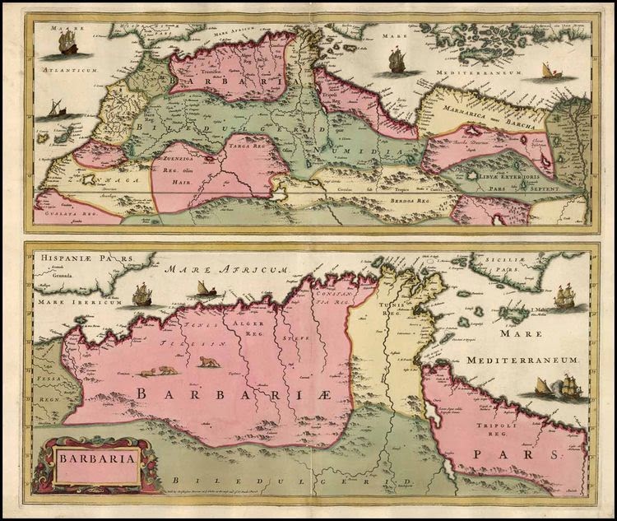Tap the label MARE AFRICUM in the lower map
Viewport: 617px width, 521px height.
tap(225, 270)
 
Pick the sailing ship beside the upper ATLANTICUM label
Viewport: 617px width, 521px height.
tap(67, 43)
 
